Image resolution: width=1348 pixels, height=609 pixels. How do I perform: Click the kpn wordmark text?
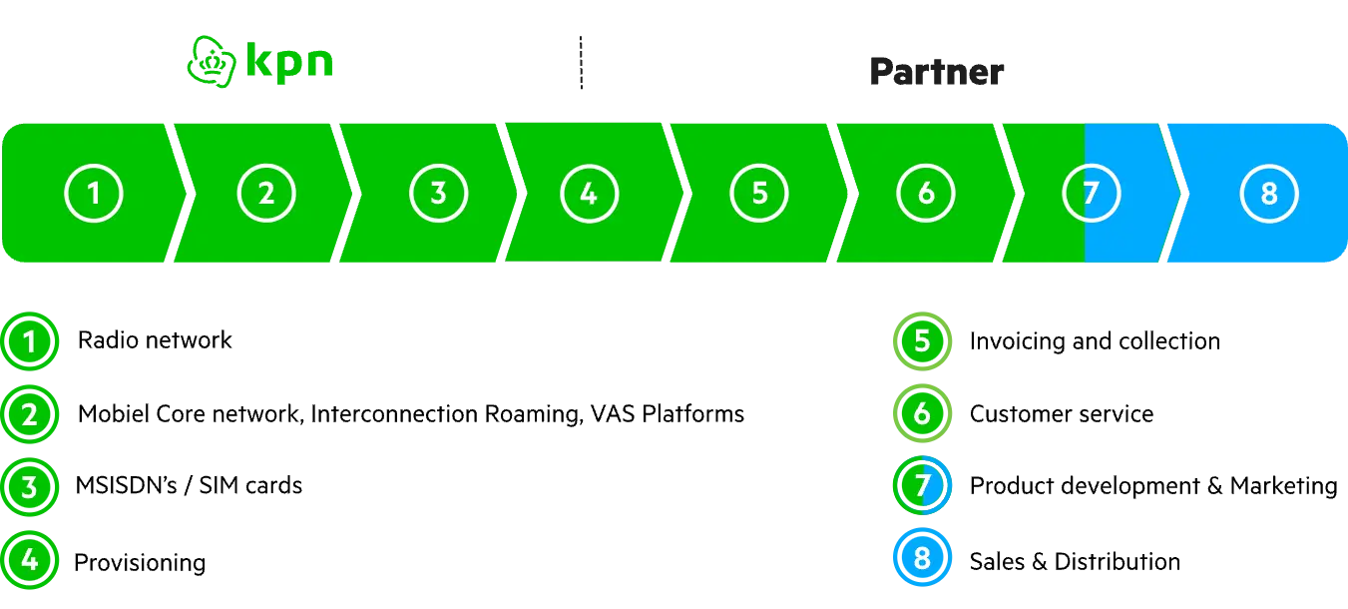click(290, 62)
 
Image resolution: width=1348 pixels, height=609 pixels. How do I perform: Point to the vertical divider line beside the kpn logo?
click(578, 64)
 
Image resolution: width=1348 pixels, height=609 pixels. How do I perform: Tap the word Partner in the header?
click(935, 72)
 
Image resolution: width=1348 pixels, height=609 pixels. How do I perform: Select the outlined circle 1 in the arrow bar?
click(95, 193)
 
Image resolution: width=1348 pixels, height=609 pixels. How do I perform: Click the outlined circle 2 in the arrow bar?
click(266, 193)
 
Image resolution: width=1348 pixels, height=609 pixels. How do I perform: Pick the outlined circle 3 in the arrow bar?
click(438, 193)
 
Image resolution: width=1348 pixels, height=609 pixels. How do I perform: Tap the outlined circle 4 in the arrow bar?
click(589, 193)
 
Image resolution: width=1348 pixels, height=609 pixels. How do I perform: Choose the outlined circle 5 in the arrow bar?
click(759, 193)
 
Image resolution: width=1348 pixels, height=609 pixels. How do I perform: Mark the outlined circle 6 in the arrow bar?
click(926, 193)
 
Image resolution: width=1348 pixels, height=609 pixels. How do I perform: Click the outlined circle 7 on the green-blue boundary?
click(1091, 193)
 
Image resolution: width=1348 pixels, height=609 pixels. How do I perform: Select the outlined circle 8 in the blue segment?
click(1269, 193)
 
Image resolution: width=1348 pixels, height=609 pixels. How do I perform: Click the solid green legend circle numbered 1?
click(30, 342)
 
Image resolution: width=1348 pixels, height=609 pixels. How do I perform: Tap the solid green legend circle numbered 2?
click(30, 414)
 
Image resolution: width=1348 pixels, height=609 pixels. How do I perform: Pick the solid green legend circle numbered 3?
click(30, 487)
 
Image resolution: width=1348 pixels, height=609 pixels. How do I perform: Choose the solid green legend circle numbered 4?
click(30, 559)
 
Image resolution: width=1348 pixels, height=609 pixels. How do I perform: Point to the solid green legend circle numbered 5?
click(922, 341)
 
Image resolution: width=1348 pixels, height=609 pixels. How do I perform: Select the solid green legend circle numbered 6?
click(922, 413)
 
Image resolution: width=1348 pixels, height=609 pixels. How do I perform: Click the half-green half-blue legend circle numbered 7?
click(922, 486)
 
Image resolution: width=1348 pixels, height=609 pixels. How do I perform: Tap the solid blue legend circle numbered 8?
click(922, 558)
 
